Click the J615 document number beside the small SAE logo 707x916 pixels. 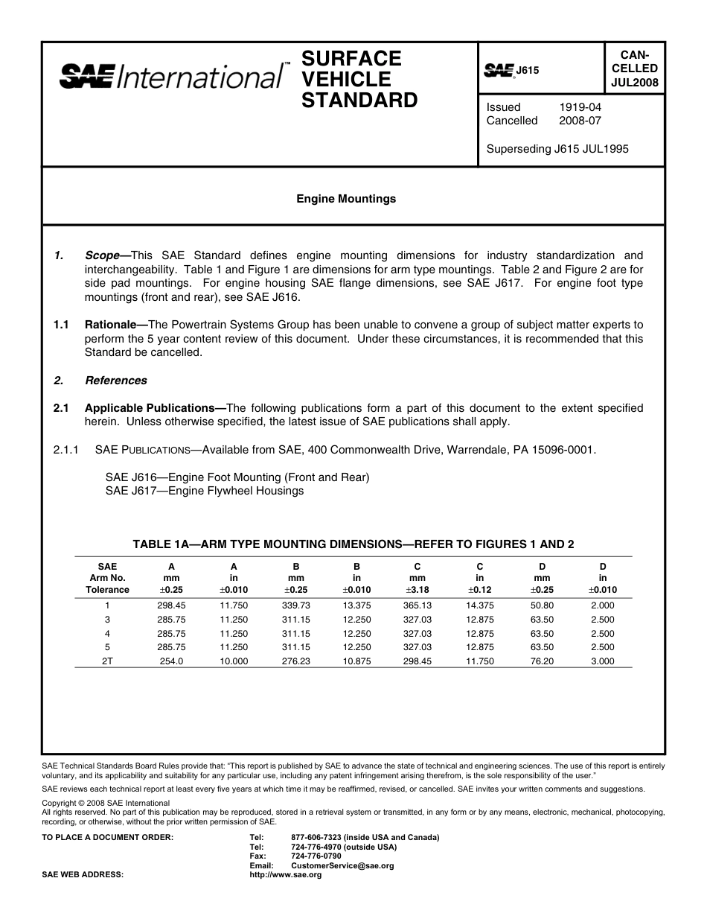point(527,71)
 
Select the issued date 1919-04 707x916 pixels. point(580,107)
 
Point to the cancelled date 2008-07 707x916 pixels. point(580,121)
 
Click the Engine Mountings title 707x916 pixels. point(346,199)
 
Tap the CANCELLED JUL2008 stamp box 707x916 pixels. point(634,69)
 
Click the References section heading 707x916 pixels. point(115,381)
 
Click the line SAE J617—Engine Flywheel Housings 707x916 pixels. point(205,491)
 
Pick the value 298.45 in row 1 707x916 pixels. point(171,605)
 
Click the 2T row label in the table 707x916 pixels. point(107,661)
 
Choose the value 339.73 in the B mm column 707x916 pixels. point(295,605)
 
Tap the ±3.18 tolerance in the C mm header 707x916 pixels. point(417,590)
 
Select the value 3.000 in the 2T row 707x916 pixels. point(602,661)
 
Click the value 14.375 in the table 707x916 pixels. point(479,605)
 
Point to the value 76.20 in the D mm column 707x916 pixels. point(541,661)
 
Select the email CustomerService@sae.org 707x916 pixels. point(342,866)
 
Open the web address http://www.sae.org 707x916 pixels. point(286,875)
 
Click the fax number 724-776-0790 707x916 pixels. point(316,856)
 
